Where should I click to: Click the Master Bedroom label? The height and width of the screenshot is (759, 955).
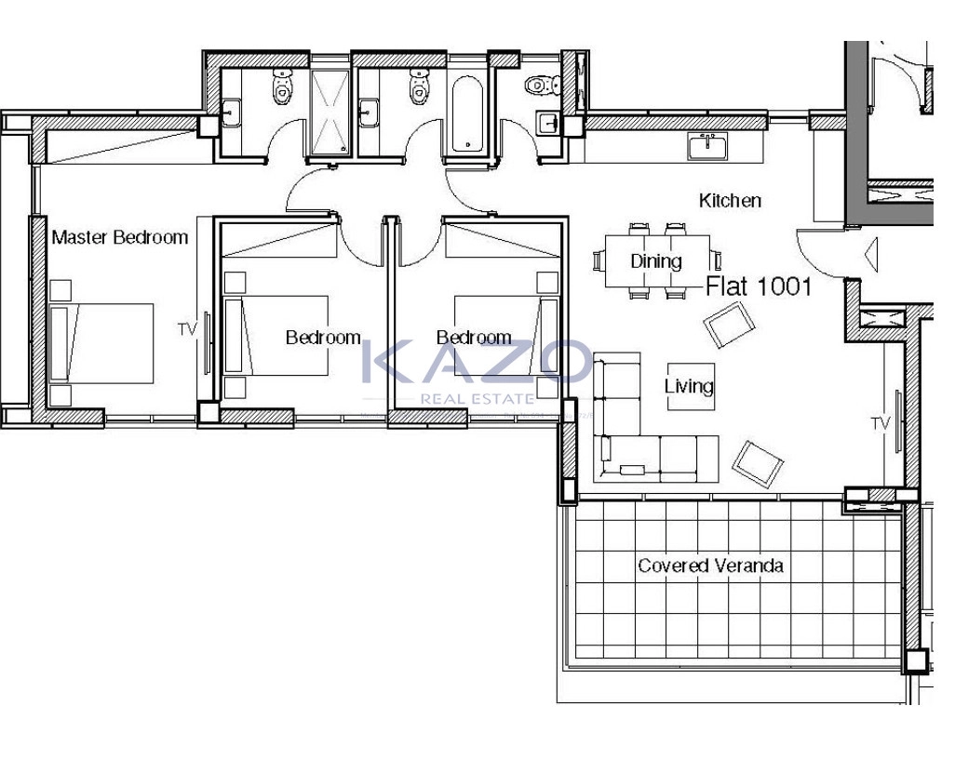[x=120, y=237]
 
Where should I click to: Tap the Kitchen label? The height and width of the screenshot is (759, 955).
[x=730, y=200]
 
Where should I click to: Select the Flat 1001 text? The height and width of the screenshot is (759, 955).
[x=759, y=286]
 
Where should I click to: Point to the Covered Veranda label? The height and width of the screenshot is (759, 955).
[x=710, y=566]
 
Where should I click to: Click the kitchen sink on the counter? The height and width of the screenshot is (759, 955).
[x=707, y=147]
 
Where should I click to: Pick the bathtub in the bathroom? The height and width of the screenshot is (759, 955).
[x=468, y=113]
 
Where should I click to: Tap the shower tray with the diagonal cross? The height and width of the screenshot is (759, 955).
[x=330, y=112]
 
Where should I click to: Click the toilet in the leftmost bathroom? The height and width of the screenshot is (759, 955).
[x=282, y=87]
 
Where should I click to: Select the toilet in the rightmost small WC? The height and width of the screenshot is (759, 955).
[x=543, y=85]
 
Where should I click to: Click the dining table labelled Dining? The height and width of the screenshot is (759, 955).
[x=657, y=261]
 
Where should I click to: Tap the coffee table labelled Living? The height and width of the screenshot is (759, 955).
[x=691, y=387]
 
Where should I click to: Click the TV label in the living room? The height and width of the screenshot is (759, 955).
[x=881, y=423]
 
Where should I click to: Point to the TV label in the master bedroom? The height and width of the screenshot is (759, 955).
[x=188, y=329]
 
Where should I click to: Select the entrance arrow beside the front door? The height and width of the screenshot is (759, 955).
[x=871, y=255]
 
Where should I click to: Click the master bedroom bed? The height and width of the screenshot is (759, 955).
[x=101, y=343]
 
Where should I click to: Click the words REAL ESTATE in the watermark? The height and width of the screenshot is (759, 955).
[x=477, y=399]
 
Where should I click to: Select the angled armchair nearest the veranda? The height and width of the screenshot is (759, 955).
[x=758, y=464]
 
